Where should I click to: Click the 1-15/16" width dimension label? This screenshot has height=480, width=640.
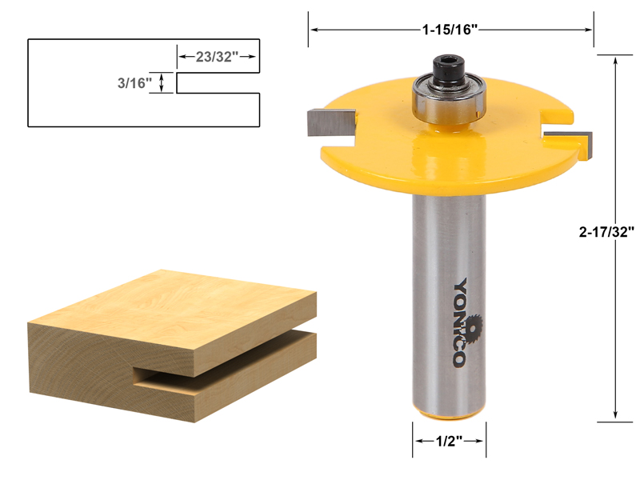pos(450,30)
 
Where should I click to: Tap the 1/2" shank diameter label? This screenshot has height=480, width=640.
pos(449,441)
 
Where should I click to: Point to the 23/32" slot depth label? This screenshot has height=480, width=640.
pos(216,57)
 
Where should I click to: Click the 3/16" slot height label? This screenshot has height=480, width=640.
pos(135,82)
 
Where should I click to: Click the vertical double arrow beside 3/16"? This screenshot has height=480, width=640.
pos(163,83)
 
